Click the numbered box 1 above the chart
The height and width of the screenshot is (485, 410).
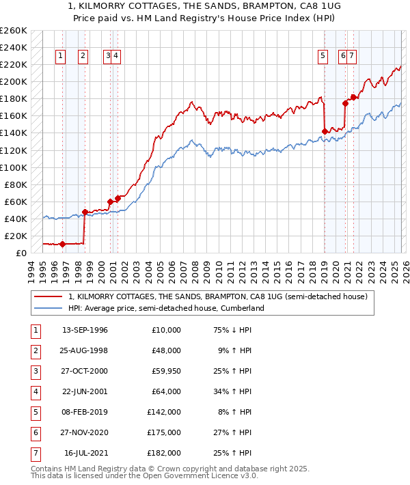[x=61, y=57]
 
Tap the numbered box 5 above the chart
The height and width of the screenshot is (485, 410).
[x=322, y=57]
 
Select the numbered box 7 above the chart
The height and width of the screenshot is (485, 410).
[x=351, y=57]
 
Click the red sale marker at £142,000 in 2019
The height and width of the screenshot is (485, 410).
[x=324, y=131]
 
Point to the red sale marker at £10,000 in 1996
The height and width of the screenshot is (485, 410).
[x=62, y=244]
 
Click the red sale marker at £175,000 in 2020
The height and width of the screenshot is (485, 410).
[x=345, y=103]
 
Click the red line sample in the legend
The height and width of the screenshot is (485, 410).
[x=48, y=296]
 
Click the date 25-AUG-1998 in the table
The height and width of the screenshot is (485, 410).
[x=85, y=350]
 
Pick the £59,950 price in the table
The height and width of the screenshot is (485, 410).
[x=163, y=371]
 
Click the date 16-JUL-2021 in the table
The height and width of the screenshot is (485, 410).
[x=86, y=453]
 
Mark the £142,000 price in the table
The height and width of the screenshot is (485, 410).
[x=163, y=412]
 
